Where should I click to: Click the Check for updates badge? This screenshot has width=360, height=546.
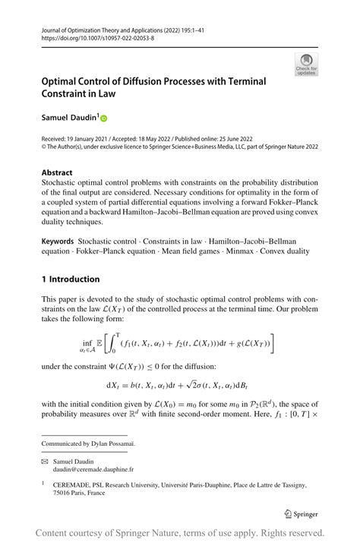(306, 64)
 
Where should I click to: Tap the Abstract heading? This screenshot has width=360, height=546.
(57, 172)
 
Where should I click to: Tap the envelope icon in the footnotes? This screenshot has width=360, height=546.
(45, 462)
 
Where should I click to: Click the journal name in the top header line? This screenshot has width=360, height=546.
(106, 28)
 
